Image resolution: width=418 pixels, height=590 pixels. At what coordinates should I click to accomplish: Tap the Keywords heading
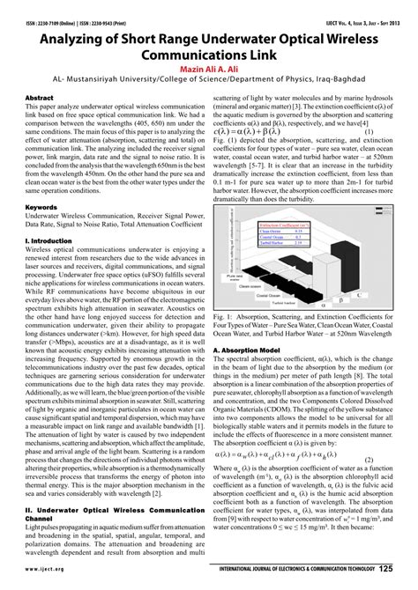(41, 209)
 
